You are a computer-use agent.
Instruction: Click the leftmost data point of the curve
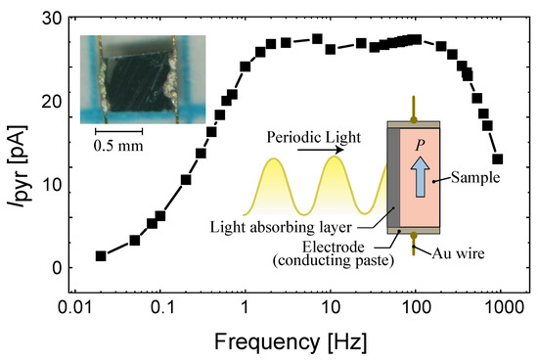click(x=101, y=255)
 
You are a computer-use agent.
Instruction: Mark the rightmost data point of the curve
click(x=497, y=158)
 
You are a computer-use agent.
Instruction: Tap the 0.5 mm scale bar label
click(x=118, y=147)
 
